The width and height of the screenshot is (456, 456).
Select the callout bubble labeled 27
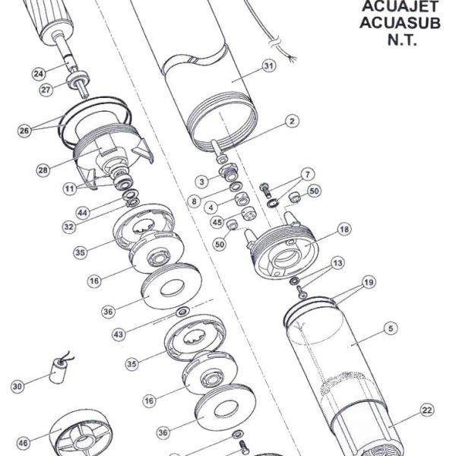click(46, 90)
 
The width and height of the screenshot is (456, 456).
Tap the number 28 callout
click(43, 169)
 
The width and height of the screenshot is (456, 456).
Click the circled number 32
click(69, 226)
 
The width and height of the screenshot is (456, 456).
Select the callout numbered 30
click(17, 387)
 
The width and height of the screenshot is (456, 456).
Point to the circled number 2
click(290, 121)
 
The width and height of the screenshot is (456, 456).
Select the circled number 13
click(337, 262)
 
